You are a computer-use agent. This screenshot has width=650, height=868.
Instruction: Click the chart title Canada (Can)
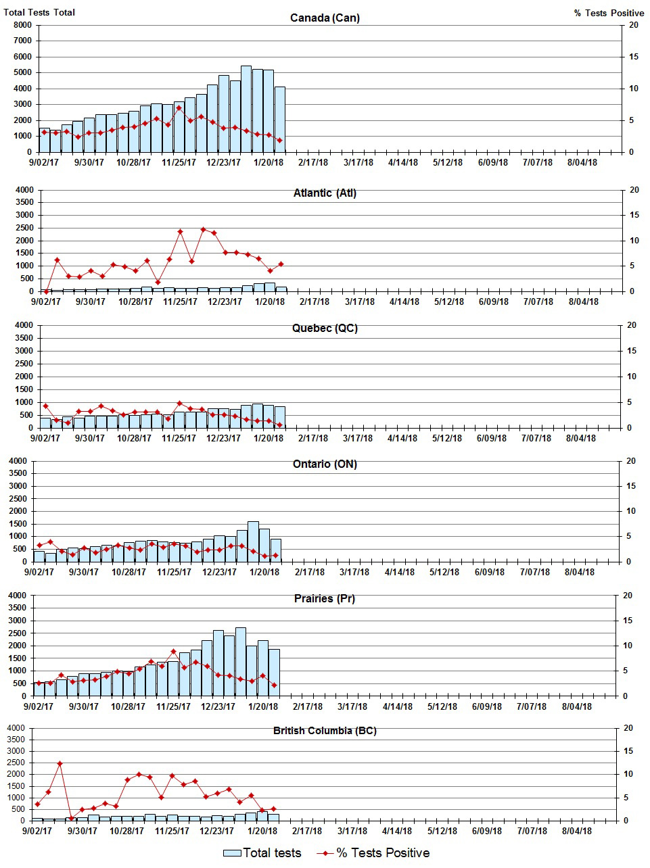pyautogui.click(x=325, y=18)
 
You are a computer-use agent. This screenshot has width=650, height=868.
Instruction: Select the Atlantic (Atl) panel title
pyautogui.click(x=325, y=193)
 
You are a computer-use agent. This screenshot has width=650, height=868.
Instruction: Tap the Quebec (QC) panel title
pyautogui.click(x=325, y=329)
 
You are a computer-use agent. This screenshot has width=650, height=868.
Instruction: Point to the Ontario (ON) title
pyautogui.click(x=325, y=464)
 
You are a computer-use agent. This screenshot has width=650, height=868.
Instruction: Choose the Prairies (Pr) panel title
pyautogui.click(x=325, y=598)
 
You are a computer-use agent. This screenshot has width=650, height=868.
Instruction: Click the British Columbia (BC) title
pyautogui.click(x=325, y=731)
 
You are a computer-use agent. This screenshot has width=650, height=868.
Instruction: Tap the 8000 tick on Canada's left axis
pyautogui.click(x=22, y=25)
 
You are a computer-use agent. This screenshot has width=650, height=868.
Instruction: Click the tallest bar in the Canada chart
pyautogui.click(x=246, y=108)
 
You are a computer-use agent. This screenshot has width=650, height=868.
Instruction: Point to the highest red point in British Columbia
pyautogui.click(x=60, y=763)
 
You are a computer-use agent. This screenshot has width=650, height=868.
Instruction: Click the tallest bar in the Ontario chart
pyautogui.click(x=253, y=541)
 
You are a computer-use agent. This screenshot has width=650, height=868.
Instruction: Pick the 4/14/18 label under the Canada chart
pyautogui.click(x=403, y=163)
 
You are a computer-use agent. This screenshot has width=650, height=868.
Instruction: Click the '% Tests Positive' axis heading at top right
pyautogui.click(x=609, y=13)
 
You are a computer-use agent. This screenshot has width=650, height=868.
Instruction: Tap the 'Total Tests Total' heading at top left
pyautogui.click(x=39, y=13)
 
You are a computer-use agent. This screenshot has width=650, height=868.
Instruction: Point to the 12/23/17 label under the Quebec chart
pyautogui.click(x=223, y=438)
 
